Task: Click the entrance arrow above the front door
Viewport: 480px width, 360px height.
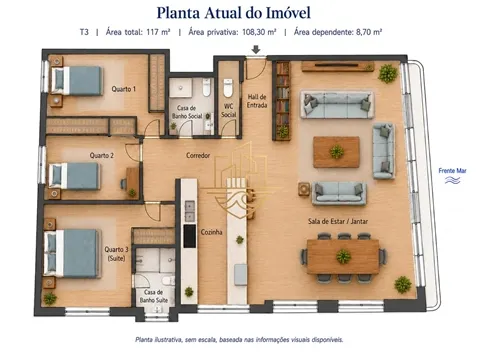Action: [256, 50]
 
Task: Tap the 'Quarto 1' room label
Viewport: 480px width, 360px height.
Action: [124, 89]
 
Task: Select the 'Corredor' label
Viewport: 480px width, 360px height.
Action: [198, 155]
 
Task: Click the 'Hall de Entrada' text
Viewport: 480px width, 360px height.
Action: [257, 101]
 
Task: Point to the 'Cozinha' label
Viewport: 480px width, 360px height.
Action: [211, 232]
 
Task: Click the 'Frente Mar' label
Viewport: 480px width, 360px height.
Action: [452, 171]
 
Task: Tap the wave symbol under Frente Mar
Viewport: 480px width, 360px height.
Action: [452, 180]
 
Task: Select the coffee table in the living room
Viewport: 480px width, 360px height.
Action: [336, 152]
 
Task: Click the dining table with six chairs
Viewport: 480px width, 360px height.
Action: [343, 257]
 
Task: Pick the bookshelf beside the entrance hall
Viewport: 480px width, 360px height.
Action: [282, 100]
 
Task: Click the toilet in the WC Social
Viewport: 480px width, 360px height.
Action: [228, 87]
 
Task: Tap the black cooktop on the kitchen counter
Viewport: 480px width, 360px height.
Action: [190, 236]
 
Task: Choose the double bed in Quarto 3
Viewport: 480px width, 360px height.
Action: [73, 253]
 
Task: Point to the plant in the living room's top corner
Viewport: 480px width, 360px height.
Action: [388, 73]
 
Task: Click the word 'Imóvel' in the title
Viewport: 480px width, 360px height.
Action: [288, 13]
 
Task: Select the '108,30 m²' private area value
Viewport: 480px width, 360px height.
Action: [259, 32]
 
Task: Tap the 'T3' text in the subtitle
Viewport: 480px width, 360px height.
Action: [84, 32]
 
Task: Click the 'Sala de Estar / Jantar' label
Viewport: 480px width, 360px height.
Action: [338, 221]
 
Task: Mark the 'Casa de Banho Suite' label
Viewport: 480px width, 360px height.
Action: [154, 296]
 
